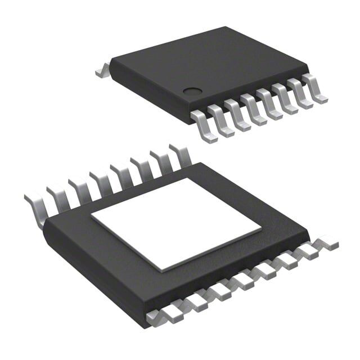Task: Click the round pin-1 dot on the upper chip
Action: pos(192,89)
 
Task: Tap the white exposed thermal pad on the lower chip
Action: pos(176,224)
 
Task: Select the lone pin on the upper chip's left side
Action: pos(102,71)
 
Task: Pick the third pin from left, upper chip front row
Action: pos(237,115)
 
